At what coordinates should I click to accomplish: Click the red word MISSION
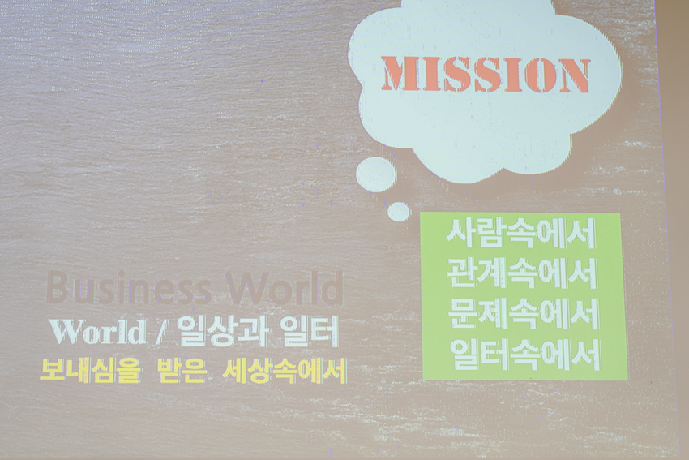[x=486, y=75]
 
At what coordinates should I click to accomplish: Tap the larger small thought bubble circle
[x=375, y=174]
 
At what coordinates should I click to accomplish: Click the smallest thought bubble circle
[x=399, y=212]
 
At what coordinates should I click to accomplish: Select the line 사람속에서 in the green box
[x=521, y=234]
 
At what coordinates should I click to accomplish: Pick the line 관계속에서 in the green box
[x=522, y=273]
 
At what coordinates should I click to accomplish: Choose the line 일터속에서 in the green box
[x=524, y=355]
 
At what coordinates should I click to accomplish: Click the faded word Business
[x=128, y=288]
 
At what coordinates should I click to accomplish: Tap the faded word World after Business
[x=284, y=288]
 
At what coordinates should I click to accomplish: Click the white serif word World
[x=98, y=332]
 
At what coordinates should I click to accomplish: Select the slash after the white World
[x=160, y=333]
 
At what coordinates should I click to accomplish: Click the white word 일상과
[x=222, y=332]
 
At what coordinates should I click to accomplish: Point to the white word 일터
[x=310, y=332]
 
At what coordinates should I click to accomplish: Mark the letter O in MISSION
[x=537, y=75]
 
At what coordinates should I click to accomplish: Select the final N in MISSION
[x=573, y=75]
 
